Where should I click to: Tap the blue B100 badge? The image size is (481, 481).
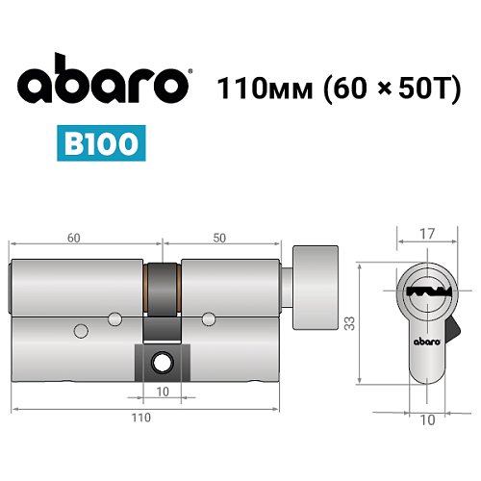pyautogui.click(x=100, y=145)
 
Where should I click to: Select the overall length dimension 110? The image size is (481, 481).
pyautogui.click(x=141, y=418)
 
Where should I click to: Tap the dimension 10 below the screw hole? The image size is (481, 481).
pyautogui.click(x=163, y=392)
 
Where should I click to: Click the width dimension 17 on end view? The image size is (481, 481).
pyautogui.click(x=426, y=233)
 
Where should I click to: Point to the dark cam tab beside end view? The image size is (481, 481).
pyautogui.click(x=452, y=338)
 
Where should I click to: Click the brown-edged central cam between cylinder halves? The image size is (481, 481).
pyautogui.click(x=163, y=289)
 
